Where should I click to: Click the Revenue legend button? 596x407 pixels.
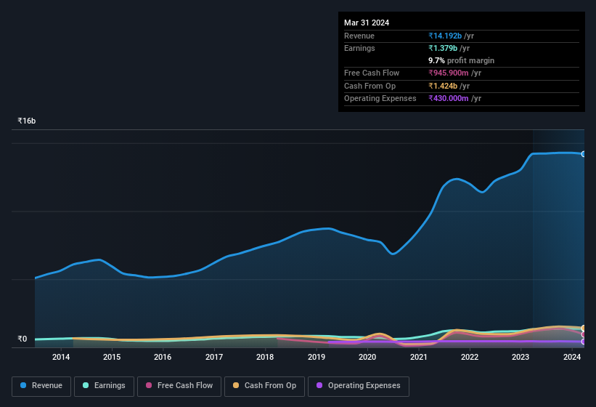coord(41,386)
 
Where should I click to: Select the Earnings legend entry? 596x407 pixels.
coord(104,386)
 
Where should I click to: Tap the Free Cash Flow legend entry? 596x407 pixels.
coord(179,386)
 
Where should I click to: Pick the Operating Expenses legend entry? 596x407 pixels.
coord(358,386)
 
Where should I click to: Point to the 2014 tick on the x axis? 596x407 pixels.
coord(61,357)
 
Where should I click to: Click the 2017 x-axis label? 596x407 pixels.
coord(214,357)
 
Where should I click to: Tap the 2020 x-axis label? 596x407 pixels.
coord(367,357)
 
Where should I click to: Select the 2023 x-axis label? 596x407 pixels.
coord(521,357)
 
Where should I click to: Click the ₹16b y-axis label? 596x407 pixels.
coord(27,121)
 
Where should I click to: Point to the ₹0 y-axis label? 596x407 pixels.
coord(23,339)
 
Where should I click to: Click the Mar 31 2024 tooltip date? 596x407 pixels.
coord(367,23)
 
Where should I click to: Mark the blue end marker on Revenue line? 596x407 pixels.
coord(583,154)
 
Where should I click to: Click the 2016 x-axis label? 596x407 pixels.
coord(163,357)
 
